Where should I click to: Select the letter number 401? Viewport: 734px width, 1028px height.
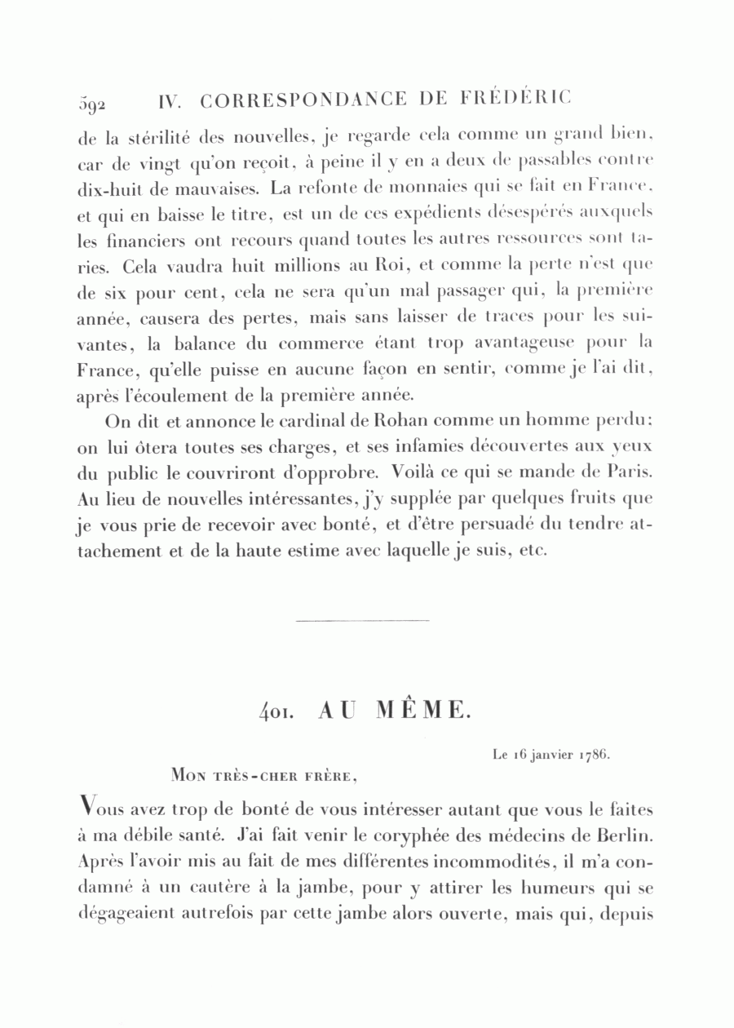pyautogui.click(x=271, y=711)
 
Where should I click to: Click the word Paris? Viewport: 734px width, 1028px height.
pyautogui.click(x=632, y=472)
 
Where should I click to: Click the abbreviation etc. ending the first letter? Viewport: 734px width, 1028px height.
pyautogui.click(x=531, y=551)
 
